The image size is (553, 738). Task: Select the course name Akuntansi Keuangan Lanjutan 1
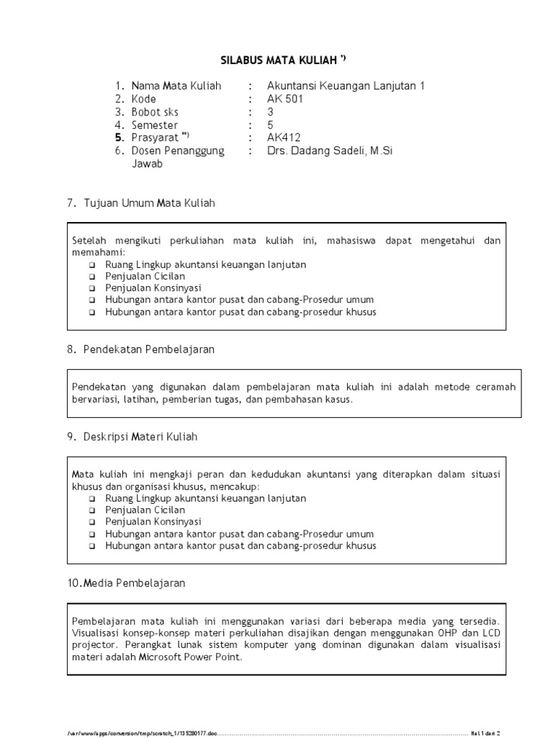pyautogui.click(x=346, y=86)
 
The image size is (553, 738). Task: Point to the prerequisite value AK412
pyautogui.click(x=283, y=138)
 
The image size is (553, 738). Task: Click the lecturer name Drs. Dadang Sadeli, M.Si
pyautogui.click(x=330, y=151)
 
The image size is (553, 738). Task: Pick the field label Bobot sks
pyautogui.click(x=155, y=112)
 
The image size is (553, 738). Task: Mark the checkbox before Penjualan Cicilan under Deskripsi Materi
pyautogui.click(x=92, y=510)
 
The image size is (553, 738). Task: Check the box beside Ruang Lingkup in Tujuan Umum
pyautogui.click(x=92, y=265)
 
